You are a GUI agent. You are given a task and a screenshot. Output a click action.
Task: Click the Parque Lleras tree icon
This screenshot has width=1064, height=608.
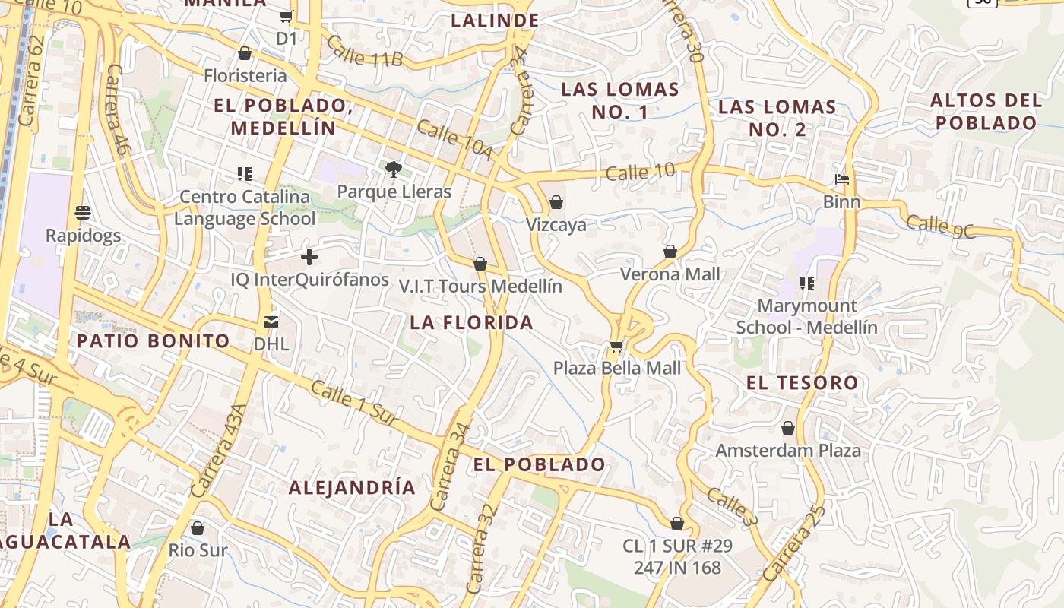click(393, 169)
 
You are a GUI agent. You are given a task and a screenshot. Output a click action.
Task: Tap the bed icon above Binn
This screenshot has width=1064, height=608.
click(842, 180)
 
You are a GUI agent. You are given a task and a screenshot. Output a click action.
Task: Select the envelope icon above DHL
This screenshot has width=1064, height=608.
click(271, 322)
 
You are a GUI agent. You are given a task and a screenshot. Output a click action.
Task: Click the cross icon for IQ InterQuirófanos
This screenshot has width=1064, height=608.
click(309, 257)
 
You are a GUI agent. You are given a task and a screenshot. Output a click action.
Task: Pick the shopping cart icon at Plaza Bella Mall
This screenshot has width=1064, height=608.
click(616, 347)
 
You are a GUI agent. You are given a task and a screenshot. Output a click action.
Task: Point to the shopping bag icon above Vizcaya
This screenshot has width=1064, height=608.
click(556, 202)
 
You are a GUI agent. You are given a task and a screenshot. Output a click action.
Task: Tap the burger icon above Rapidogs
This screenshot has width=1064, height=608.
click(84, 213)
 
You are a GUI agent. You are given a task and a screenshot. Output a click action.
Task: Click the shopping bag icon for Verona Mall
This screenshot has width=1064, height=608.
click(670, 252)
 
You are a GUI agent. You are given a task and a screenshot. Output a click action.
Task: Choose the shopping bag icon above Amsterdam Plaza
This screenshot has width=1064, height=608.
click(788, 429)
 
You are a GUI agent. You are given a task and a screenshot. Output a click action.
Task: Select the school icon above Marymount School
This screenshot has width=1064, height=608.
click(806, 283)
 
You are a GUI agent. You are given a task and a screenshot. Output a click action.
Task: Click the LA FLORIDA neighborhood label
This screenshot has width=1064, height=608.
click(471, 322)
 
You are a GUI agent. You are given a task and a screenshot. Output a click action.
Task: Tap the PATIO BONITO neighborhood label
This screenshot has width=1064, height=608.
click(153, 340)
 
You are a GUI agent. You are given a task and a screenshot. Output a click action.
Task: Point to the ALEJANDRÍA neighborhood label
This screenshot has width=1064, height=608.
click(352, 487)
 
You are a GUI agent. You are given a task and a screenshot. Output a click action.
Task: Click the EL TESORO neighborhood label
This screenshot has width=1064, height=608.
click(802, 382)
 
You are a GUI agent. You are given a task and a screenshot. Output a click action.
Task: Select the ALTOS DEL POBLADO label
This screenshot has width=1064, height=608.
click(986, 111)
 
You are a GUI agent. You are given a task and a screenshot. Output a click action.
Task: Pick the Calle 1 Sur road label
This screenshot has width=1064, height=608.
click(354, 403)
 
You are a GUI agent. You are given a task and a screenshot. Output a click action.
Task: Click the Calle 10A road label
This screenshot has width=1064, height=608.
click(454, 140)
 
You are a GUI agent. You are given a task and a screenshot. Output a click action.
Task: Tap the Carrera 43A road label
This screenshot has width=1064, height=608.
click(217, 451)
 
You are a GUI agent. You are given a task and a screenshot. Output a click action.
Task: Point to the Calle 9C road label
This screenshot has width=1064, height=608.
click(940, 226)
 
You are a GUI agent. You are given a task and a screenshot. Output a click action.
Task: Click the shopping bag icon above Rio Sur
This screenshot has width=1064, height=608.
click(198, 528)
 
